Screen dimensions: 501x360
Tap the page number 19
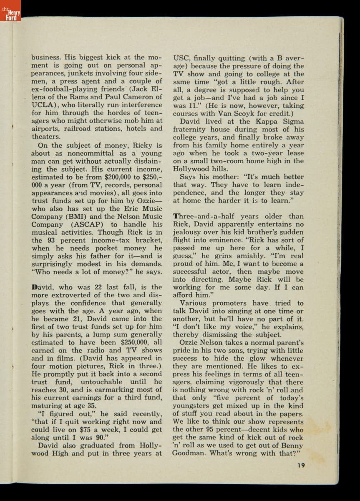(301, 465)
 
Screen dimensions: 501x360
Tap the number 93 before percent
(52, 240)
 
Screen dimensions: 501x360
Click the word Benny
(292, 445)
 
